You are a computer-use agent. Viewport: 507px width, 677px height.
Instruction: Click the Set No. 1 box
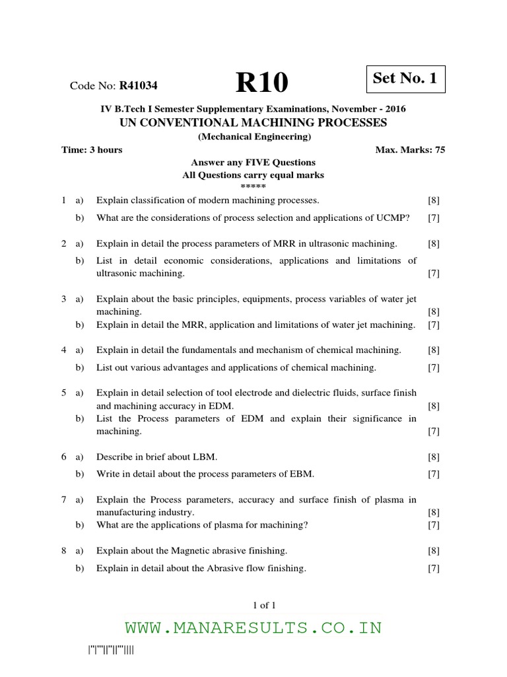pyautogui.click(x=405, y=79)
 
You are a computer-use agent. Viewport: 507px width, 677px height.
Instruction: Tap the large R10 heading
pyautogui.click(x=262, y=83)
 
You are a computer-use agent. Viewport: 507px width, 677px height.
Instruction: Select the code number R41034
pyautogui.click(x=138, y=85)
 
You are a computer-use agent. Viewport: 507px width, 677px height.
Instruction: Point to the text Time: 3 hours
pyautogui.click(x=92, y=150)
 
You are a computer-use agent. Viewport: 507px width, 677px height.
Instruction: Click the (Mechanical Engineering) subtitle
pyautogui.click(x=253, y=137)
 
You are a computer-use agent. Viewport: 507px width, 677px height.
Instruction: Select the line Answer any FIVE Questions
pyautogui.click(x=253, y=162)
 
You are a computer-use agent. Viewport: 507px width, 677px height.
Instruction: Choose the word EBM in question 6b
pyautogui.click(x=301, y=473)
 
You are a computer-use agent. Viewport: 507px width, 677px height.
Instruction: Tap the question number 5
pyautogui.click(x=64, y=393)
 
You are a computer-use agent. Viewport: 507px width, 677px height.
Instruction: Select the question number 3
pyautogui.click(x=64, y=299)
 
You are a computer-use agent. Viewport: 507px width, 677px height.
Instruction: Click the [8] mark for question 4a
pyautogui.click(x=434, y=350)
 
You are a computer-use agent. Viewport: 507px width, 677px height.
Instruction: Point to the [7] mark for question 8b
pyautogui.click(x=434, y=568)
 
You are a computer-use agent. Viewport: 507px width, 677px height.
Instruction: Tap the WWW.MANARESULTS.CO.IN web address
pyautogui.click(x=253, y=627)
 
